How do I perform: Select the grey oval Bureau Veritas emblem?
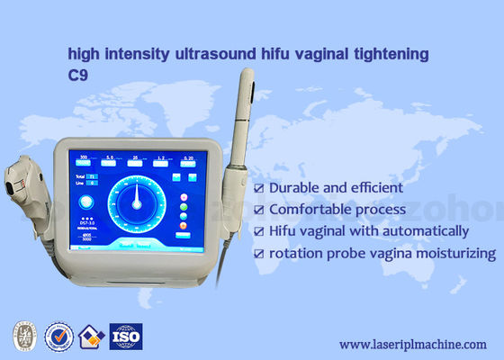pyautogui.click(x=25, y=337)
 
